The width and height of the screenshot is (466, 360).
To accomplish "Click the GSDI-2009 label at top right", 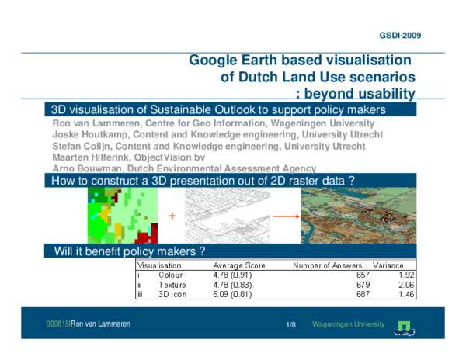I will coord(401,36).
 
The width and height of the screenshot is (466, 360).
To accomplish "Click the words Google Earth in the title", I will coord(232,60).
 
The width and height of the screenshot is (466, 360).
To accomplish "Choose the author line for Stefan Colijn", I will coord(208,146).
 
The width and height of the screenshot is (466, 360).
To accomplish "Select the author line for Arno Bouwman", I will coord(183,168).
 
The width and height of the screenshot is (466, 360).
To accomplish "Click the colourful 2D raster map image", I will coord(122,215).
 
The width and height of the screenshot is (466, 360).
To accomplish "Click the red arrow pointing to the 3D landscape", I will coord(287,216).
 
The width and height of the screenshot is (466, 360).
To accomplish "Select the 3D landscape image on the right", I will coord(359,215).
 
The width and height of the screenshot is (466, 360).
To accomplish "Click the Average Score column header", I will coord(239,265).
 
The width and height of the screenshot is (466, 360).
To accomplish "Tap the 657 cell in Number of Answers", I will coord(363,275).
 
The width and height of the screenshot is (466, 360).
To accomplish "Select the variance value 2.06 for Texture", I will coord(405,285).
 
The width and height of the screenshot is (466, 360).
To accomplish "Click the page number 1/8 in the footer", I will coord(290,324).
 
